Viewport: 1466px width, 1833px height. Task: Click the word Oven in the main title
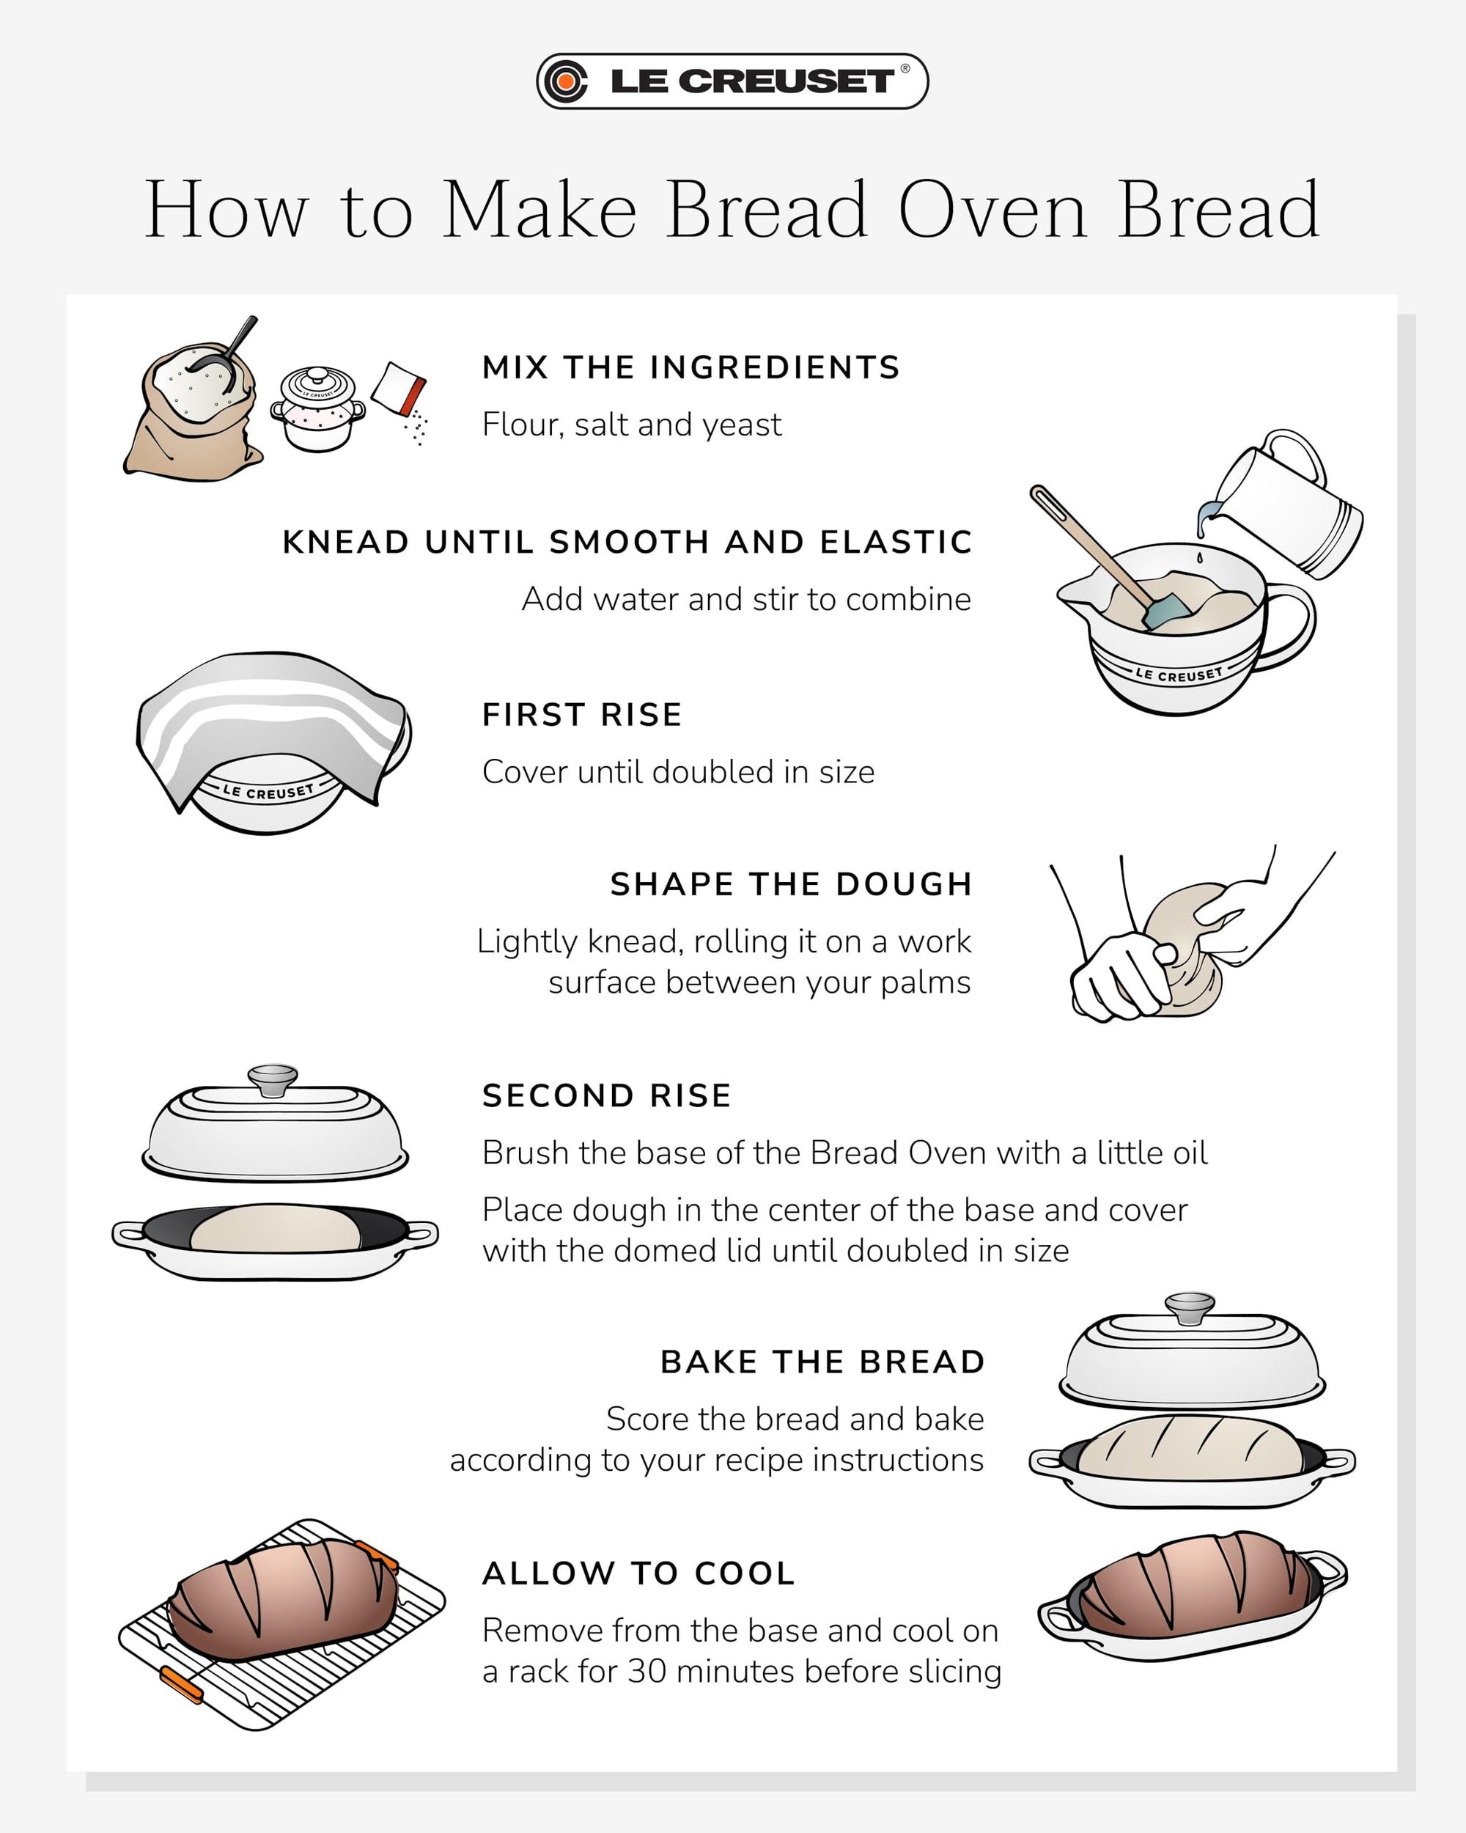(992, 210)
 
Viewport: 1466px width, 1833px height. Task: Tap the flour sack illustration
(192, 416)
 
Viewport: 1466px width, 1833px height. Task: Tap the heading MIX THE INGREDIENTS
(690, 367)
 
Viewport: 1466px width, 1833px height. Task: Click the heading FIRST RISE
(582, 715)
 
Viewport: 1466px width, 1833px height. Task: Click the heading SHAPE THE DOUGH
(790, 884)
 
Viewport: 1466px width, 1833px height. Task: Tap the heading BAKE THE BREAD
(822, 1362)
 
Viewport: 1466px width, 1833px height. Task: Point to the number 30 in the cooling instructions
(647, 1672)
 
